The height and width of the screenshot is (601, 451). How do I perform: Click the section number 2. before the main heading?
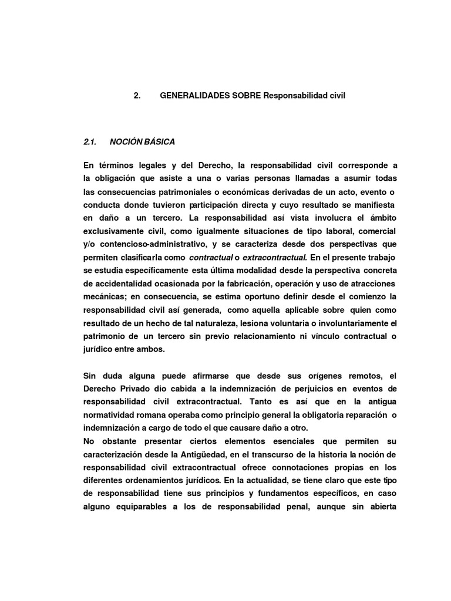click(137, 95)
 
